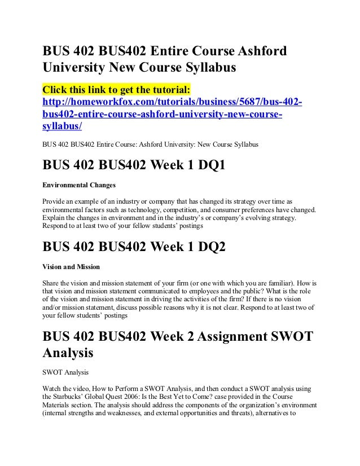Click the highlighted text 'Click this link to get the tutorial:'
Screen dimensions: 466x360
coord(117,91)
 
